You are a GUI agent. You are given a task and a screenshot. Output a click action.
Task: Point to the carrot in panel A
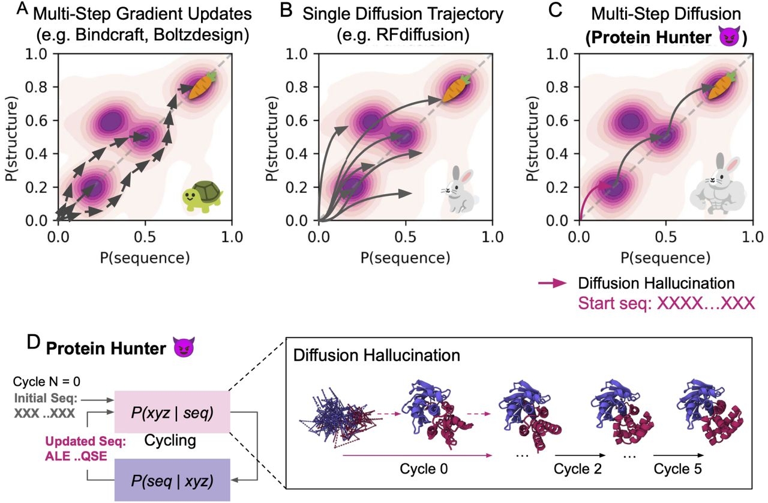[200, 86]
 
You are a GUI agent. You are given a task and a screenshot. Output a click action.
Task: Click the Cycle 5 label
[680, 469]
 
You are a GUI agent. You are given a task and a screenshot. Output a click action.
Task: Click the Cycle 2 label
[579, 469]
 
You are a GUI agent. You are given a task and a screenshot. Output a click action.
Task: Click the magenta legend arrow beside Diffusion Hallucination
[553, 282]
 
